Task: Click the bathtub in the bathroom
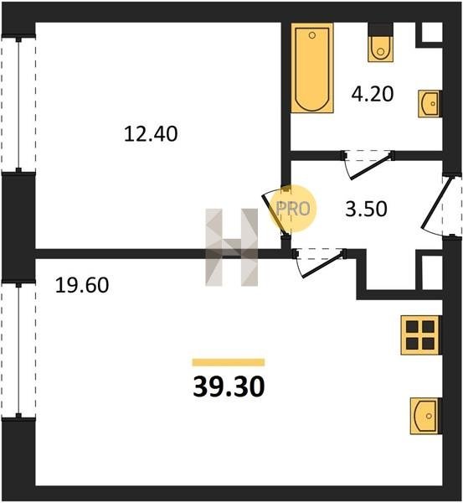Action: point(312,68)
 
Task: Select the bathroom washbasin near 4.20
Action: point(430,104)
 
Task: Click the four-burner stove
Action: point(421,335)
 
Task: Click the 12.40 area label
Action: point(151,134)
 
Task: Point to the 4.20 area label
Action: point(373,94)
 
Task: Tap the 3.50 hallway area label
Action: point(366,209)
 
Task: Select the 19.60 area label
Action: point(82,285)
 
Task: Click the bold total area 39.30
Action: point(229,386)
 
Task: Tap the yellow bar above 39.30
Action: point(229,362)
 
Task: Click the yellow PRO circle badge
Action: point(293,209)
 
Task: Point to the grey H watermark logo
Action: point(231,247)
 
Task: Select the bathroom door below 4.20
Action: point(368,163)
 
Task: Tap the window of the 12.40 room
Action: point(18,105)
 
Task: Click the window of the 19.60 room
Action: point(18,350)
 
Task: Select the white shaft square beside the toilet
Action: point(431,32)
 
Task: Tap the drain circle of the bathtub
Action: point(312,35)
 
